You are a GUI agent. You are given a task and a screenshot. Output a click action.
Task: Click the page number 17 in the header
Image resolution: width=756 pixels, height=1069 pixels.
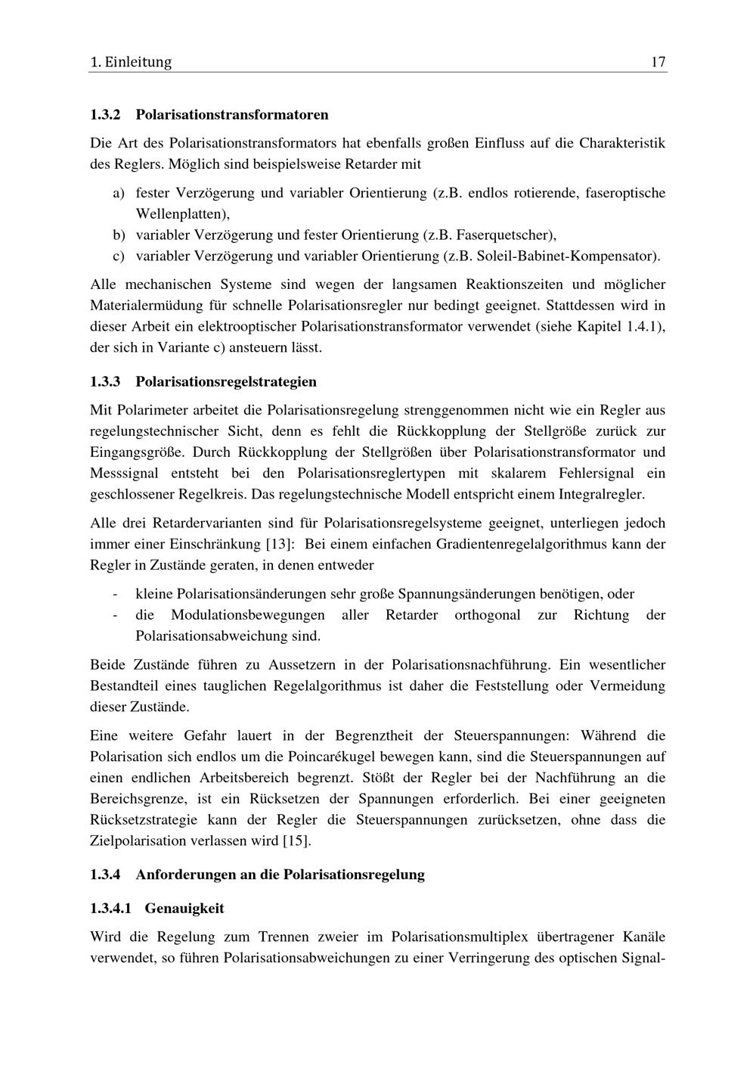(x=658, y=62)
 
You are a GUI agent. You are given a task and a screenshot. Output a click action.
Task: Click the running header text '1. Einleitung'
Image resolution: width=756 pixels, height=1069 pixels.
(x=131, y=62)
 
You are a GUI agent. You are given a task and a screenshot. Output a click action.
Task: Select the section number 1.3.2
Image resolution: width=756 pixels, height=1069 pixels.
(x=105, y=115)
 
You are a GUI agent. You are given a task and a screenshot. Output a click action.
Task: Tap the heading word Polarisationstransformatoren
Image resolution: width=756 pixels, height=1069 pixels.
(x=232, y=115)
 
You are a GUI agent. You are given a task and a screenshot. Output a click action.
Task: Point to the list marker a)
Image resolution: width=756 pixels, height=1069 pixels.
(x=119, y=193)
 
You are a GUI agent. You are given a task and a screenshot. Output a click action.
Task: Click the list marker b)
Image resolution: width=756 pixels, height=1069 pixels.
(x=119, y=235)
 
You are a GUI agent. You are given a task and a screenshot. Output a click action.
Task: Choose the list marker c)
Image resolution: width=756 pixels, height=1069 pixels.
(x=119, y=256)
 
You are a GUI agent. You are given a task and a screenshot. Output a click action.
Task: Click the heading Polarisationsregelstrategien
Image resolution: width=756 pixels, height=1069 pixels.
(x=226, y=381)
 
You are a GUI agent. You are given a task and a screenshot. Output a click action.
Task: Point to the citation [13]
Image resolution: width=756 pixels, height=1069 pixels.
(x=281, y=544)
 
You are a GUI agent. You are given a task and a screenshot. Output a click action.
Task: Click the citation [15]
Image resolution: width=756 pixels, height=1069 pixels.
(x=296, y=841)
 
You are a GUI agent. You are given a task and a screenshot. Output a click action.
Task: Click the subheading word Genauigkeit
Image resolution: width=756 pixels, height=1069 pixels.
(x=184, y=908)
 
